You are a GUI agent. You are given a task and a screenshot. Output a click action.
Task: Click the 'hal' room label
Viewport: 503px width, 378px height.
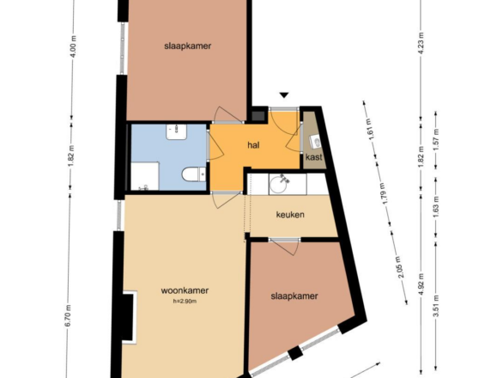click(x=253, y=145)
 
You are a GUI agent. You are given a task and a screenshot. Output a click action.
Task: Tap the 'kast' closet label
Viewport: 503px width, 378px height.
click(x=314, y=157)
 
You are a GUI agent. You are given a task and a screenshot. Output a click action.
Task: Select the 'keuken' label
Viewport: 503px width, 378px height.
click(x=290, y=215)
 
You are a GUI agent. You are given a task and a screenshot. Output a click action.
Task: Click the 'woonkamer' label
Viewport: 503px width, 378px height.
click(x=185, y=290)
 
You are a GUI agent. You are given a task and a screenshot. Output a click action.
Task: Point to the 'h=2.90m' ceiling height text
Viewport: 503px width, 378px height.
click(x=185, y=302)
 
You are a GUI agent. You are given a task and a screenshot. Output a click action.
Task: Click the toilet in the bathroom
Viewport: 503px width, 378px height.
click(x=194, y=174)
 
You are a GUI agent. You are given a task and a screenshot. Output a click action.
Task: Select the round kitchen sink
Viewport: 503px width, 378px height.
click(x=281, y=185)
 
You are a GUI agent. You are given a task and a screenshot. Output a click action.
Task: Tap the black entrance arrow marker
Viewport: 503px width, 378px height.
click(x=284, y=95)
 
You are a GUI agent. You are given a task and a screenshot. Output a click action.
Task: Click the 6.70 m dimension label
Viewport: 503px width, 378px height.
click(x=69, y=316)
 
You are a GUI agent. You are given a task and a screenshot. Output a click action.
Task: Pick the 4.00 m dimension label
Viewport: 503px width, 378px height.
click(x=74, y=46)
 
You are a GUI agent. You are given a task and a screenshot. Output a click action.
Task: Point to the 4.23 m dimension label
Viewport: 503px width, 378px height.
click(x=421, y=43)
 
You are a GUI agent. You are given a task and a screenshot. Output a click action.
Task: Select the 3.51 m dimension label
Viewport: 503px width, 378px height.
click(x=436, y=306)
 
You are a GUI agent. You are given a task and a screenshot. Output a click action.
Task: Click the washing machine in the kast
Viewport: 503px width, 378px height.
click(x=315, y=142)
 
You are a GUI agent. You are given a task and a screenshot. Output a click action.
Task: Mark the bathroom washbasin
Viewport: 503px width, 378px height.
click(x=177, y=132)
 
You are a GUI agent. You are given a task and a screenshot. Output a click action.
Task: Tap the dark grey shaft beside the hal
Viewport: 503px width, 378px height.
click(x=258, y=116)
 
